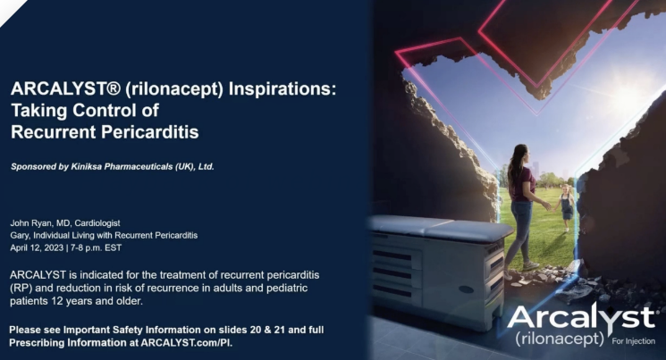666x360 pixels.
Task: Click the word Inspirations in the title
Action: pyautogui.click(x=268, y=90)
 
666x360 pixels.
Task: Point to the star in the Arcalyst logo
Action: pyautogui.click(x=644, y=309)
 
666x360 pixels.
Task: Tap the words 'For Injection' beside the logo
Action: pyautogui.click(x=636, y=340)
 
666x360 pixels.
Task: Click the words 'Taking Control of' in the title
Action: pyautogui.click(x=84, y=111)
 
